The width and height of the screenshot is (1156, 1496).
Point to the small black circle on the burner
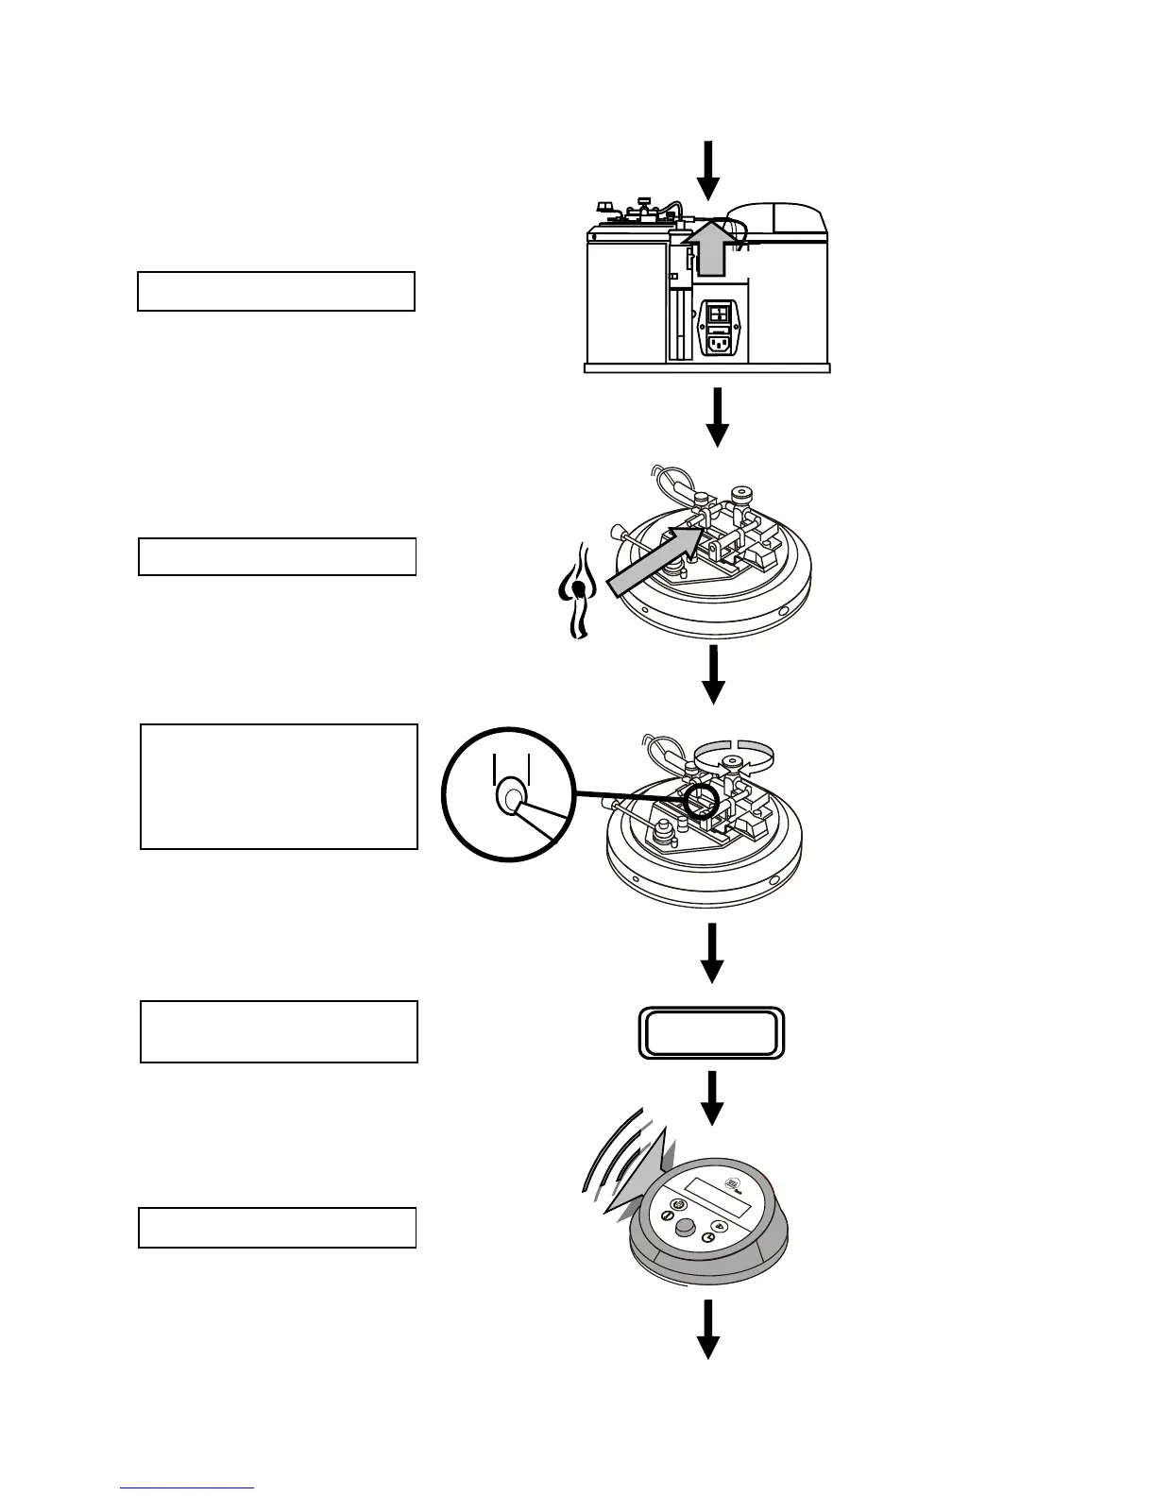coord(701,801)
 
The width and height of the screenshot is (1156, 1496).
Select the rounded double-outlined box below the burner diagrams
coord(712,1033)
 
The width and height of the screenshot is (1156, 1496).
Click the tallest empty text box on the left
coord(279,787)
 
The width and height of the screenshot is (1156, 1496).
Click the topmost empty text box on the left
coord(276,291)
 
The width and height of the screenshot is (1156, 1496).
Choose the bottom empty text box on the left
coord(277,1228)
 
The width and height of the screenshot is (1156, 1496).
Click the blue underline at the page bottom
coord(187,1488)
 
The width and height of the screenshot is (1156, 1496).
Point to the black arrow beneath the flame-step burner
coord(714,674)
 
